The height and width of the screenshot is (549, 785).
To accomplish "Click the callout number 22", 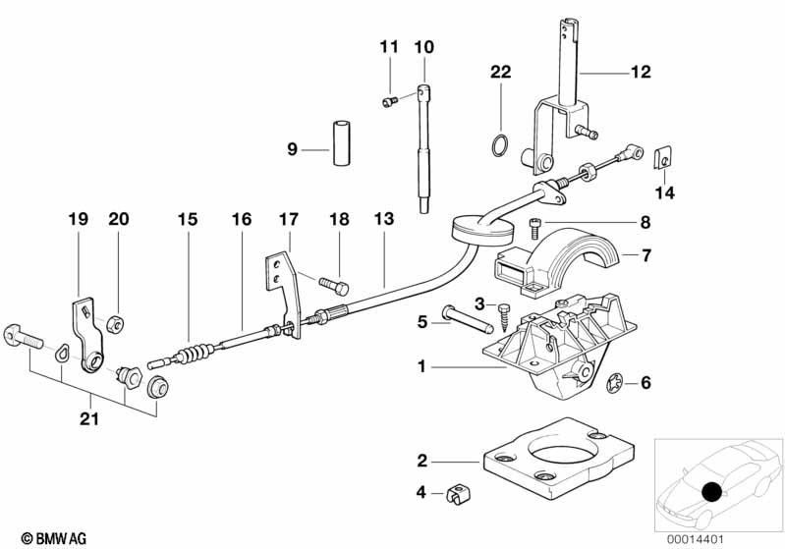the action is pos(501,72).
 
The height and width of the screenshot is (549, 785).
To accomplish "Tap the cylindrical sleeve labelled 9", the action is pos(342,142).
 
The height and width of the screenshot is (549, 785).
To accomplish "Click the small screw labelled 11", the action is pos(389,102).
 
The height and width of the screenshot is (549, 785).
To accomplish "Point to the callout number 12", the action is pos(641,72).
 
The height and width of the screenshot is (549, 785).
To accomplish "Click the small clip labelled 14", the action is pos(663,157).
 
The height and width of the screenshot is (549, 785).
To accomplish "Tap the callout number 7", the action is pos(646,255).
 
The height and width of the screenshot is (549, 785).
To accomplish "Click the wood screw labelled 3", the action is pos(503,316).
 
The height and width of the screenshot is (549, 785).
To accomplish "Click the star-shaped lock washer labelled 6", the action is pos(614,384).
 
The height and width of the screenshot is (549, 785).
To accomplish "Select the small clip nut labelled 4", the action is pos(459,493).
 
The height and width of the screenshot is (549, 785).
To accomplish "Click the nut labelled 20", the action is pos(115,325).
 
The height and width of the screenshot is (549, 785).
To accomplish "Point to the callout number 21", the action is pos(89,418).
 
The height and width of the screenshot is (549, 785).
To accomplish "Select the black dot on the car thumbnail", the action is pos(711,492).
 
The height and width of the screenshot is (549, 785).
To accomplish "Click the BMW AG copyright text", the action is pos(54,538).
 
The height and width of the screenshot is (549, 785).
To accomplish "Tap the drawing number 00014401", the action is pos(695,539).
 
